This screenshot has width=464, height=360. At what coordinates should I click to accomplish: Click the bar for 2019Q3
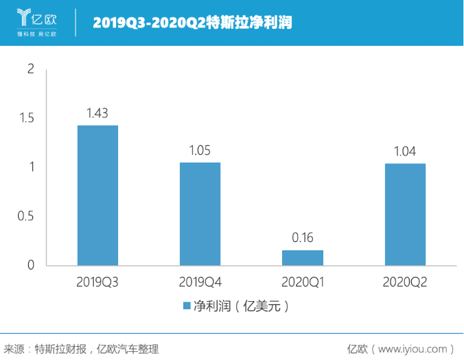click(x=97, y=195)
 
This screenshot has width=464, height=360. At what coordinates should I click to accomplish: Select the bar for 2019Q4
click(x=200, y=214)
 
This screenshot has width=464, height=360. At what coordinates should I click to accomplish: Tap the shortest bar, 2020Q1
click(x=303, y=258)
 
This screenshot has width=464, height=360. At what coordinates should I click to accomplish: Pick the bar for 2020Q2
click(x=405, y=215)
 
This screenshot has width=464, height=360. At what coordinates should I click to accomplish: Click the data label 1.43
click(x=97, y=113)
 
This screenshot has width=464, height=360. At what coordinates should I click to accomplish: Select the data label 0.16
click(x=303, y=238)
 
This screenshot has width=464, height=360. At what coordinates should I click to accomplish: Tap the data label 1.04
click(x=405, y=152)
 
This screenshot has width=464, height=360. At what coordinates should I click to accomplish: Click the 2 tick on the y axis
click(x=30, y=69)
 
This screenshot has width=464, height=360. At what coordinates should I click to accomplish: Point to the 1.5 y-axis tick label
click(x=26, y=118)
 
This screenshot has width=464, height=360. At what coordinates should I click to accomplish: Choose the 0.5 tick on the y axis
click(x=26, y=216)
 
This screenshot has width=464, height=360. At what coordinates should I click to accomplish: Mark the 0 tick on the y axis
click(x=30, y=265)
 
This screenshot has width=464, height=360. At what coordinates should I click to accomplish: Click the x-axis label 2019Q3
click(x=97, y=281)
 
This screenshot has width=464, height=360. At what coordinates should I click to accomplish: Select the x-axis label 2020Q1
click(x=303, y=281)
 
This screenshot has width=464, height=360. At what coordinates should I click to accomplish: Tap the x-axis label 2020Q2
click(x=405, y=281)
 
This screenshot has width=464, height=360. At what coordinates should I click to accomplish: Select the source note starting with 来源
click(x=81, y=348)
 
